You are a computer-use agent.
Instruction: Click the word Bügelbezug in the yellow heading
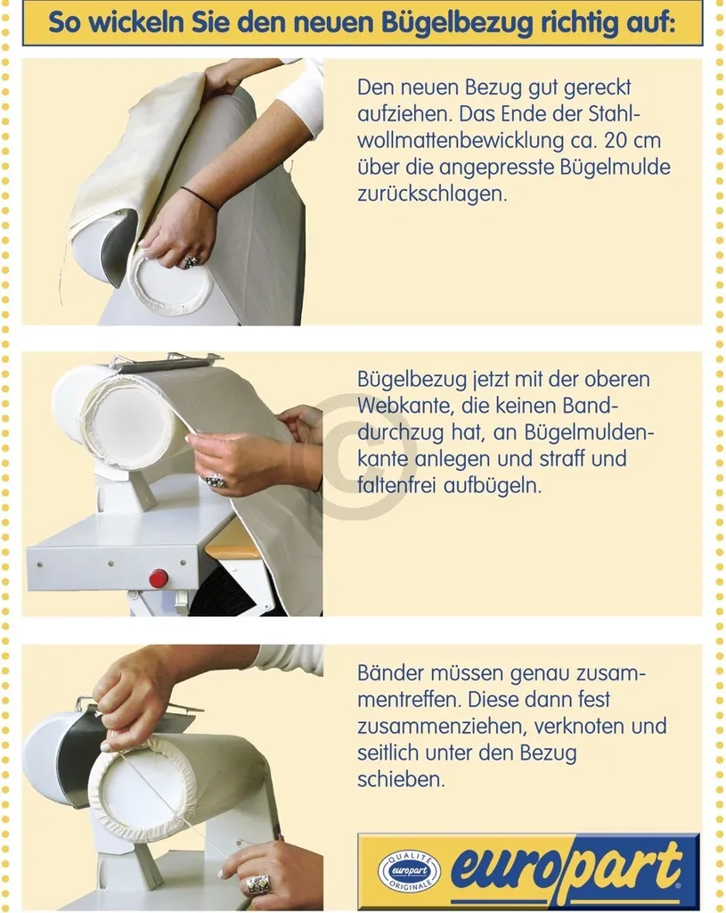click(457, 21)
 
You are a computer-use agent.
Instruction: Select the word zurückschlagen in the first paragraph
click(432, 193)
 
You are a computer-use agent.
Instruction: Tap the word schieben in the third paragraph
click(401, 779)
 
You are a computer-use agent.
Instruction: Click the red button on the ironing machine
click(159, 579)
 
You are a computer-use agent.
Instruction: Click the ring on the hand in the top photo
click(192, 261)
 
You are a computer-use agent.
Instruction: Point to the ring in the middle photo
click(216, 481)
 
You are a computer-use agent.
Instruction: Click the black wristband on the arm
click(200, 198)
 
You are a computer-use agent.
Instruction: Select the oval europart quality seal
click(409, 871)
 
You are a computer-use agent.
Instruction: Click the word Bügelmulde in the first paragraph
click(616, 168)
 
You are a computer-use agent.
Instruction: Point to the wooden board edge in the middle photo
click(232, 549)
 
